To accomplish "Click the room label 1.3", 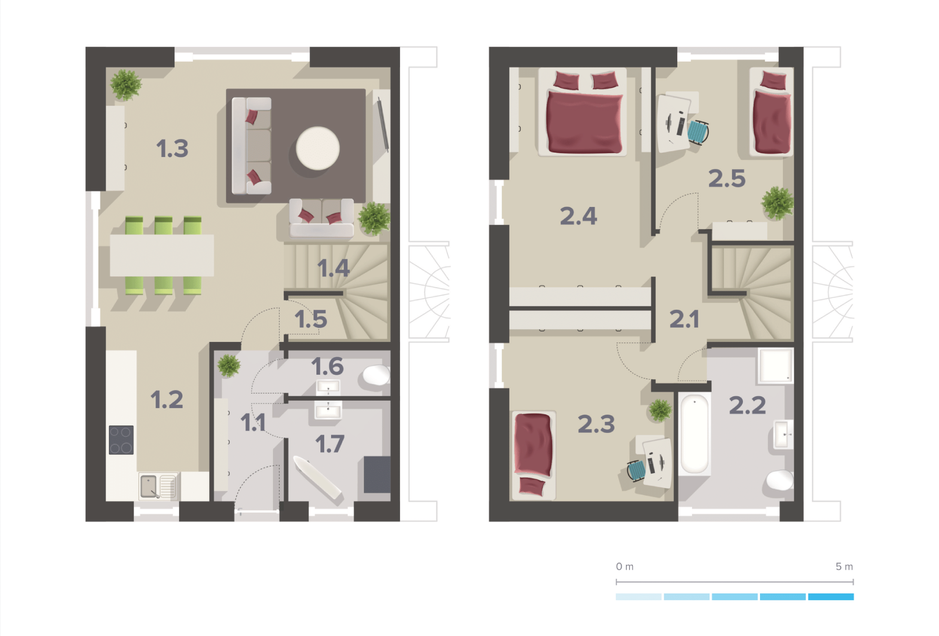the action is coord(172,148).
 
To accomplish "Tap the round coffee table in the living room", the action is coord(318,148).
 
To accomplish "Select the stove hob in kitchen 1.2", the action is coord(121,440).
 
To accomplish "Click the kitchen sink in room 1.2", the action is coord(158,486).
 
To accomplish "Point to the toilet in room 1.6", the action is coord(376,376).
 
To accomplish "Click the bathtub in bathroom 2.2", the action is coord(694,434).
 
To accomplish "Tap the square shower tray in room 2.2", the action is coord(776,365).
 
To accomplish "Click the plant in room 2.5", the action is coord(777,202).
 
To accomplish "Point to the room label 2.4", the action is coord(578,216).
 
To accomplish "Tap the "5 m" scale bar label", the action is coord(844,567).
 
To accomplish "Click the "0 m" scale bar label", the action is coord(625,567).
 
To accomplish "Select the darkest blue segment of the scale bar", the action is coord(831,597).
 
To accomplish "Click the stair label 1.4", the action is coord(334,268).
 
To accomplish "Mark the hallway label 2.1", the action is coord(684,319).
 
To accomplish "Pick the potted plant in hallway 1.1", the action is coord(228,365).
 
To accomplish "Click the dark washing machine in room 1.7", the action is coord(377,475).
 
